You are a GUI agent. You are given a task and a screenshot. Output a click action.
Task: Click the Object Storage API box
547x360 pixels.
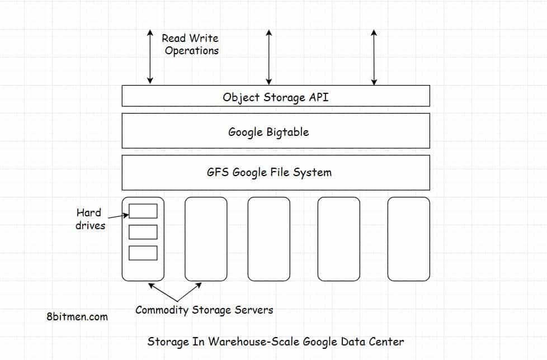[275, 96]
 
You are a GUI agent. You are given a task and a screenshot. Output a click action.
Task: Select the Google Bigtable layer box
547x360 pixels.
[275, 131]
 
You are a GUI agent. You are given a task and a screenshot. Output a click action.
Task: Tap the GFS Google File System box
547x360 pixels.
[275, 172]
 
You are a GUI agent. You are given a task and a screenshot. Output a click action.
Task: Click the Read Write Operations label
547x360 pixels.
[191, 44]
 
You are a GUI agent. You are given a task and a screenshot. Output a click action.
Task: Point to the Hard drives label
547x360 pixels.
[89, 219]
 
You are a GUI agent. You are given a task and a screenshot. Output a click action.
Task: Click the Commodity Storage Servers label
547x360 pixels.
[204, 310]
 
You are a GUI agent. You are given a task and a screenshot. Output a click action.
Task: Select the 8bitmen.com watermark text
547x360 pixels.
[77, 316]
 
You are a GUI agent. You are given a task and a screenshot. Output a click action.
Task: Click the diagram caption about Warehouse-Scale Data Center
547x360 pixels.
[275, 341]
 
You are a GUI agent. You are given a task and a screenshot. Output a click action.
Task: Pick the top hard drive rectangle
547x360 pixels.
[143, 211]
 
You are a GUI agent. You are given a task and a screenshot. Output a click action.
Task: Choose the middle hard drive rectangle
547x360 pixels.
[143, 232]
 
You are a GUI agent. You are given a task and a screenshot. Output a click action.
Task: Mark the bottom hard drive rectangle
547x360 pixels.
[143, 253]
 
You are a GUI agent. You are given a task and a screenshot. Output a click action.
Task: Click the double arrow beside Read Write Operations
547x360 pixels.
[150, 56]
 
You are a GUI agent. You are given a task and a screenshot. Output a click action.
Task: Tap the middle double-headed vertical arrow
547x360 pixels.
[269, 56]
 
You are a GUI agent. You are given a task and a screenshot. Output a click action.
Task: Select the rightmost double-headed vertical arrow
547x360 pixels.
[374, 56]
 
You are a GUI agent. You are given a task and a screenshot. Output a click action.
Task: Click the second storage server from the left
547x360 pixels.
[206, 239]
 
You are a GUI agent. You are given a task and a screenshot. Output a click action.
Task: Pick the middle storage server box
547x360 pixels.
[268, 239]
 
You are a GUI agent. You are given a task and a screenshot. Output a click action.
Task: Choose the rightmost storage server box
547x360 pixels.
[408, 239]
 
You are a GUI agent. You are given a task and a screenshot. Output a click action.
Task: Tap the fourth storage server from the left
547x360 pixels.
[338, 239]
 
